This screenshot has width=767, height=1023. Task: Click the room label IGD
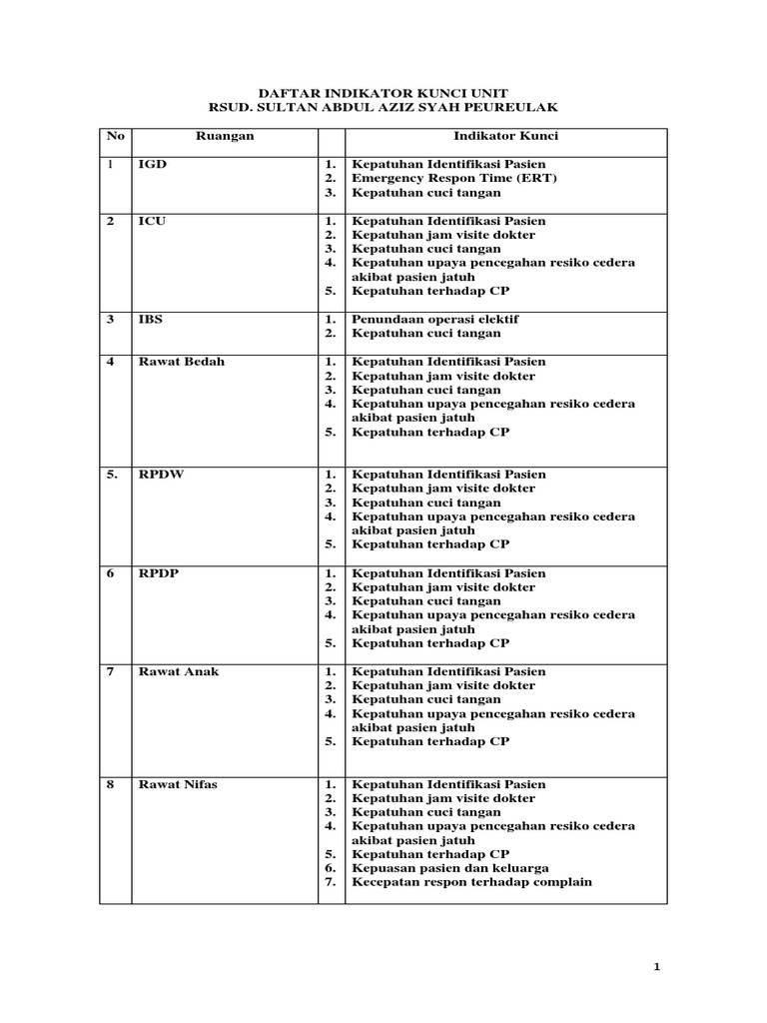151,164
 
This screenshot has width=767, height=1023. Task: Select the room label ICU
152,221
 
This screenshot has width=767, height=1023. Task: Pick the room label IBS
151,320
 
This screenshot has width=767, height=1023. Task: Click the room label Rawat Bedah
181,362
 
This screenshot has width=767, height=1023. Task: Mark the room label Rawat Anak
179,671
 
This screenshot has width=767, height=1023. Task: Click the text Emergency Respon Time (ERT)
454,178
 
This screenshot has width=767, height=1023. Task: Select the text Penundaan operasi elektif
434,320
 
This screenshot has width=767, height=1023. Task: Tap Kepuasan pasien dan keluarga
449,868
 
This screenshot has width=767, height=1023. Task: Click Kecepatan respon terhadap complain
471,882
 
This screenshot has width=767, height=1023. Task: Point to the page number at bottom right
656,966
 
